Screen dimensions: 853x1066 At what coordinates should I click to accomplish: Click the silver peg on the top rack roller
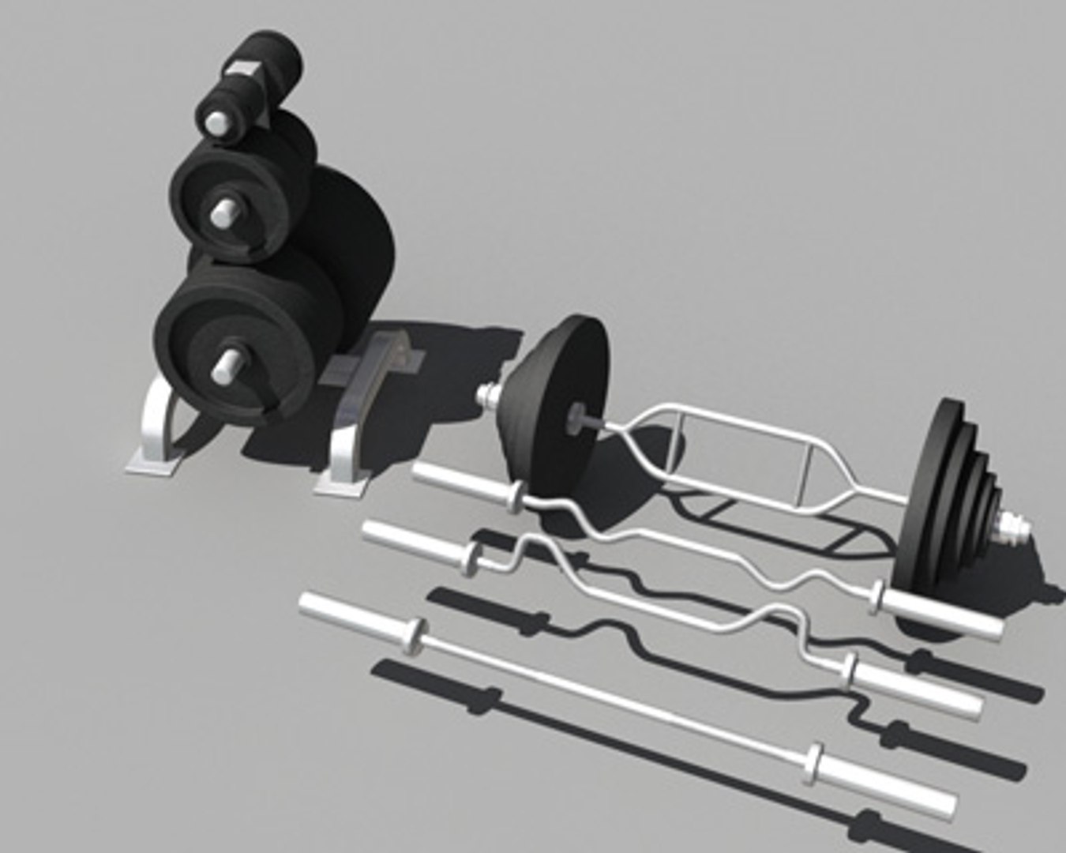pos(215,122)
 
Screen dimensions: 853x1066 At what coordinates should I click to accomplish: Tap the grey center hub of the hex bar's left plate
pos(579,412)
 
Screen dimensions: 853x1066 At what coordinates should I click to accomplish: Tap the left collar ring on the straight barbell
pos(413,635)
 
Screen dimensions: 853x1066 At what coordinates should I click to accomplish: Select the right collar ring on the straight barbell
pos(814,762)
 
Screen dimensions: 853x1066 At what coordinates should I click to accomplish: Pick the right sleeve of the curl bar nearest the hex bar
pos(944,615)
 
